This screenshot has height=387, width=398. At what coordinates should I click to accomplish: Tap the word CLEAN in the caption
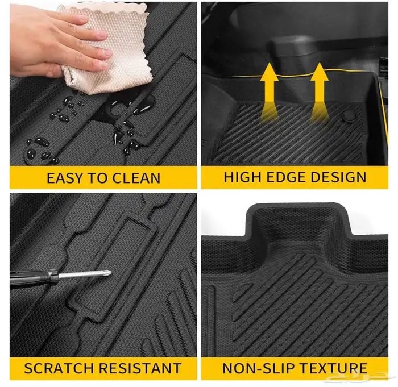136,178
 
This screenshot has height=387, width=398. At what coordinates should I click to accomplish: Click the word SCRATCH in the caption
59,368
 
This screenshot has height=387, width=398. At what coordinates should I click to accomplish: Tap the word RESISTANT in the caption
140,368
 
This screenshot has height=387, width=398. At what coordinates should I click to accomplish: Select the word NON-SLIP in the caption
258,368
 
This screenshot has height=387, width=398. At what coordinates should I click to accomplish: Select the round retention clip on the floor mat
347,116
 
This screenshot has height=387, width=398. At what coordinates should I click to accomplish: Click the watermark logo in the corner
360,377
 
